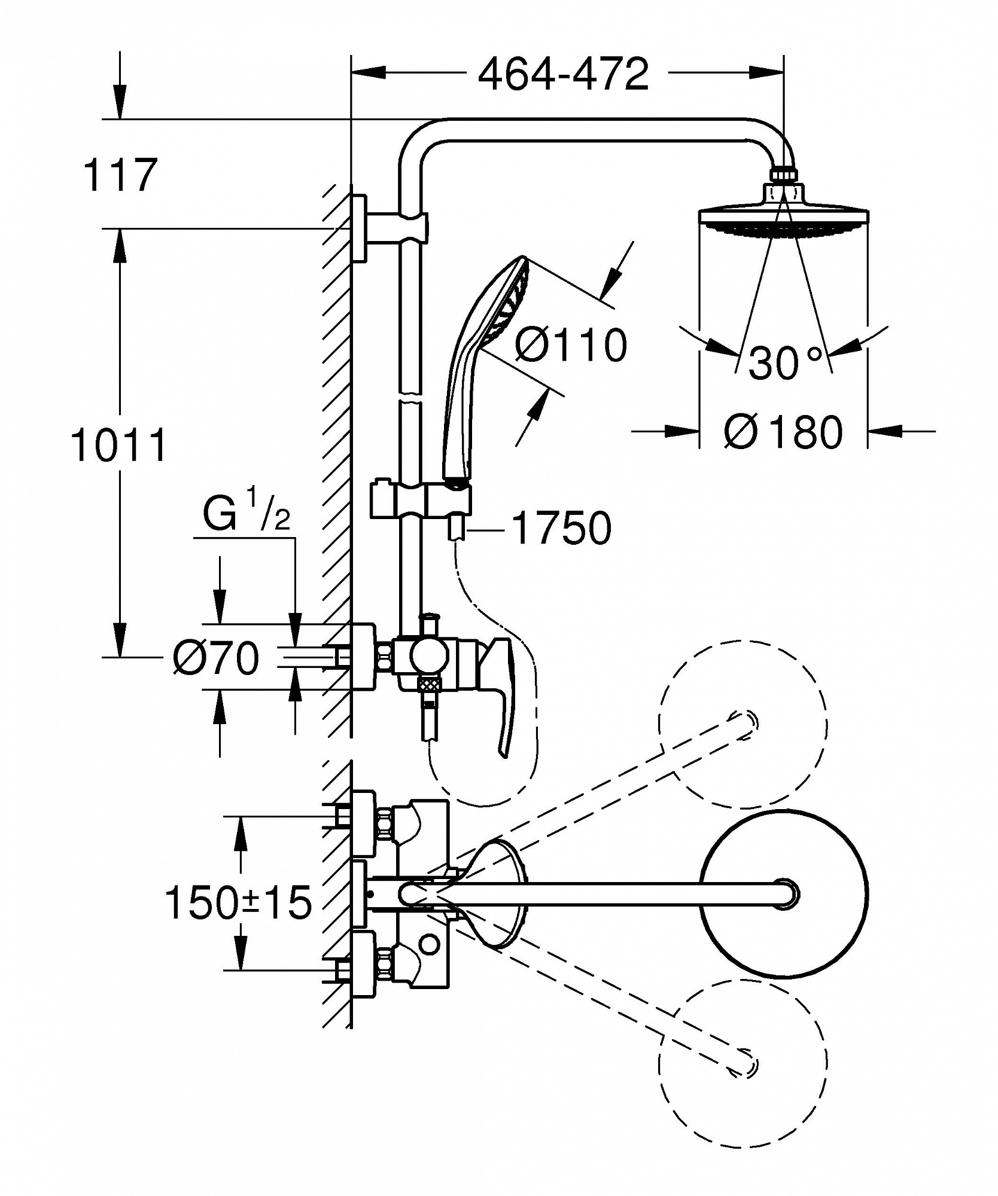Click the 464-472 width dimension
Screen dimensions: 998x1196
[x=564, y=74]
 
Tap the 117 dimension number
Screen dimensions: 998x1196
[x=120, y=175]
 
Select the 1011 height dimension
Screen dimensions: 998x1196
[x=118, y=445]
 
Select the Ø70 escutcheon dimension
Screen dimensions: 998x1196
[x=216, y=658]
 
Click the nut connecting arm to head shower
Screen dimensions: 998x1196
[x=783, y=174]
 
